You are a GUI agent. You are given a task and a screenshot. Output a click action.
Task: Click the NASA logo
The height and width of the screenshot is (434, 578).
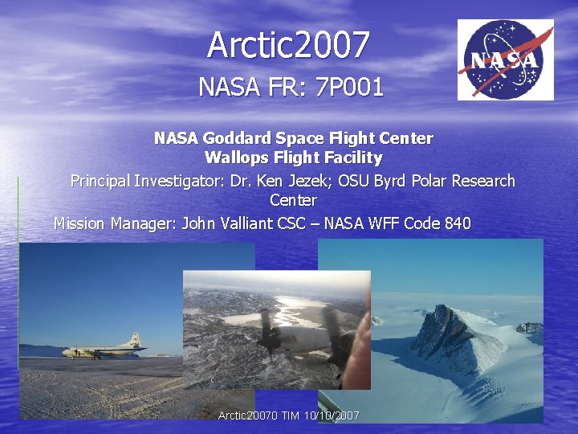[x=505, y=60]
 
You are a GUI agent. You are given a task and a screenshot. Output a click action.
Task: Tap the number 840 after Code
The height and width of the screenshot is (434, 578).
[x=457, y=223]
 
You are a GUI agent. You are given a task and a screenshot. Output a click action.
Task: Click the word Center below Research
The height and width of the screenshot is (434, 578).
[x=293, y=200]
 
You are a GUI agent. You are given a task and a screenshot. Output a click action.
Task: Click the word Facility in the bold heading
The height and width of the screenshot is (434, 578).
[x=353, y=158]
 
